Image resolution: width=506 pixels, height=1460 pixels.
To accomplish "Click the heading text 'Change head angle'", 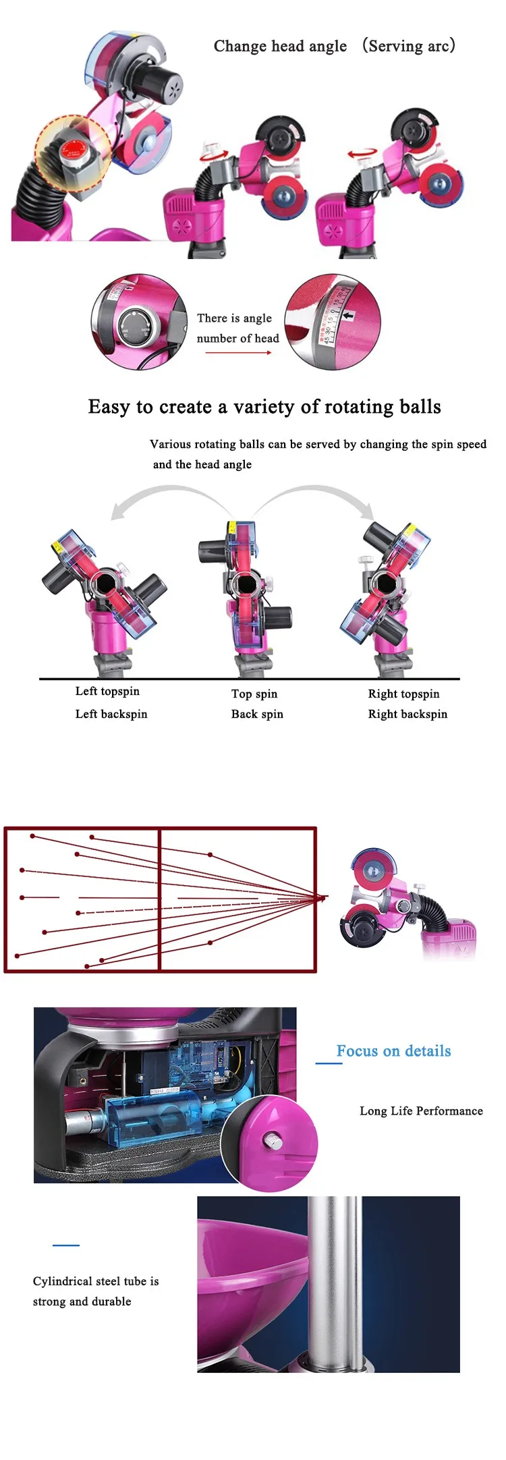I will point(280,47).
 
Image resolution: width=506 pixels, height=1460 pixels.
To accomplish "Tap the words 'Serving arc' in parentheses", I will point(409,47).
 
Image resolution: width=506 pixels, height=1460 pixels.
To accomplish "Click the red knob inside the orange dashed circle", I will point(70,150).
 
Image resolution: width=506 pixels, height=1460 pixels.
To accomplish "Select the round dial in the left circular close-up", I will point(136,324).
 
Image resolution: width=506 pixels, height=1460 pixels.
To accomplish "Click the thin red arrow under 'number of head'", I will point(238,353).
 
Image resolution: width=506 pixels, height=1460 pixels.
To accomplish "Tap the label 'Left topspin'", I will point(107,692).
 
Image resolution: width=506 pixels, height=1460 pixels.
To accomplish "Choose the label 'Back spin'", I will point(257,714).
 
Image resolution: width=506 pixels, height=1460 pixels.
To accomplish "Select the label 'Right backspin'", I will point(407,714).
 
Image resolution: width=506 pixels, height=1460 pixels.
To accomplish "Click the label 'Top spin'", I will point(254,694).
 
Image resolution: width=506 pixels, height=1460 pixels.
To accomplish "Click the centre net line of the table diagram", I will point(159,899).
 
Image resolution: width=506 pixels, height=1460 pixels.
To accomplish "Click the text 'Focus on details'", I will point(393,1051).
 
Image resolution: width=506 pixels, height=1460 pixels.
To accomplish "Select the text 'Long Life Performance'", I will point(421,1111).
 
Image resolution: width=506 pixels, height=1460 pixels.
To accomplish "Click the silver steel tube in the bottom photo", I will point(333,1282).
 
